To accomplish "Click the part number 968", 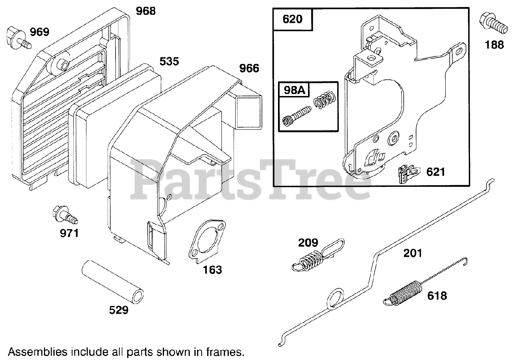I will click(146, 10).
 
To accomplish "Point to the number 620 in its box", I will click(292, 18).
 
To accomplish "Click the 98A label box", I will click(294, 90).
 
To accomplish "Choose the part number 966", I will click(249, 68).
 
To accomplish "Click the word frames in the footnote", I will click(225, 352).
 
